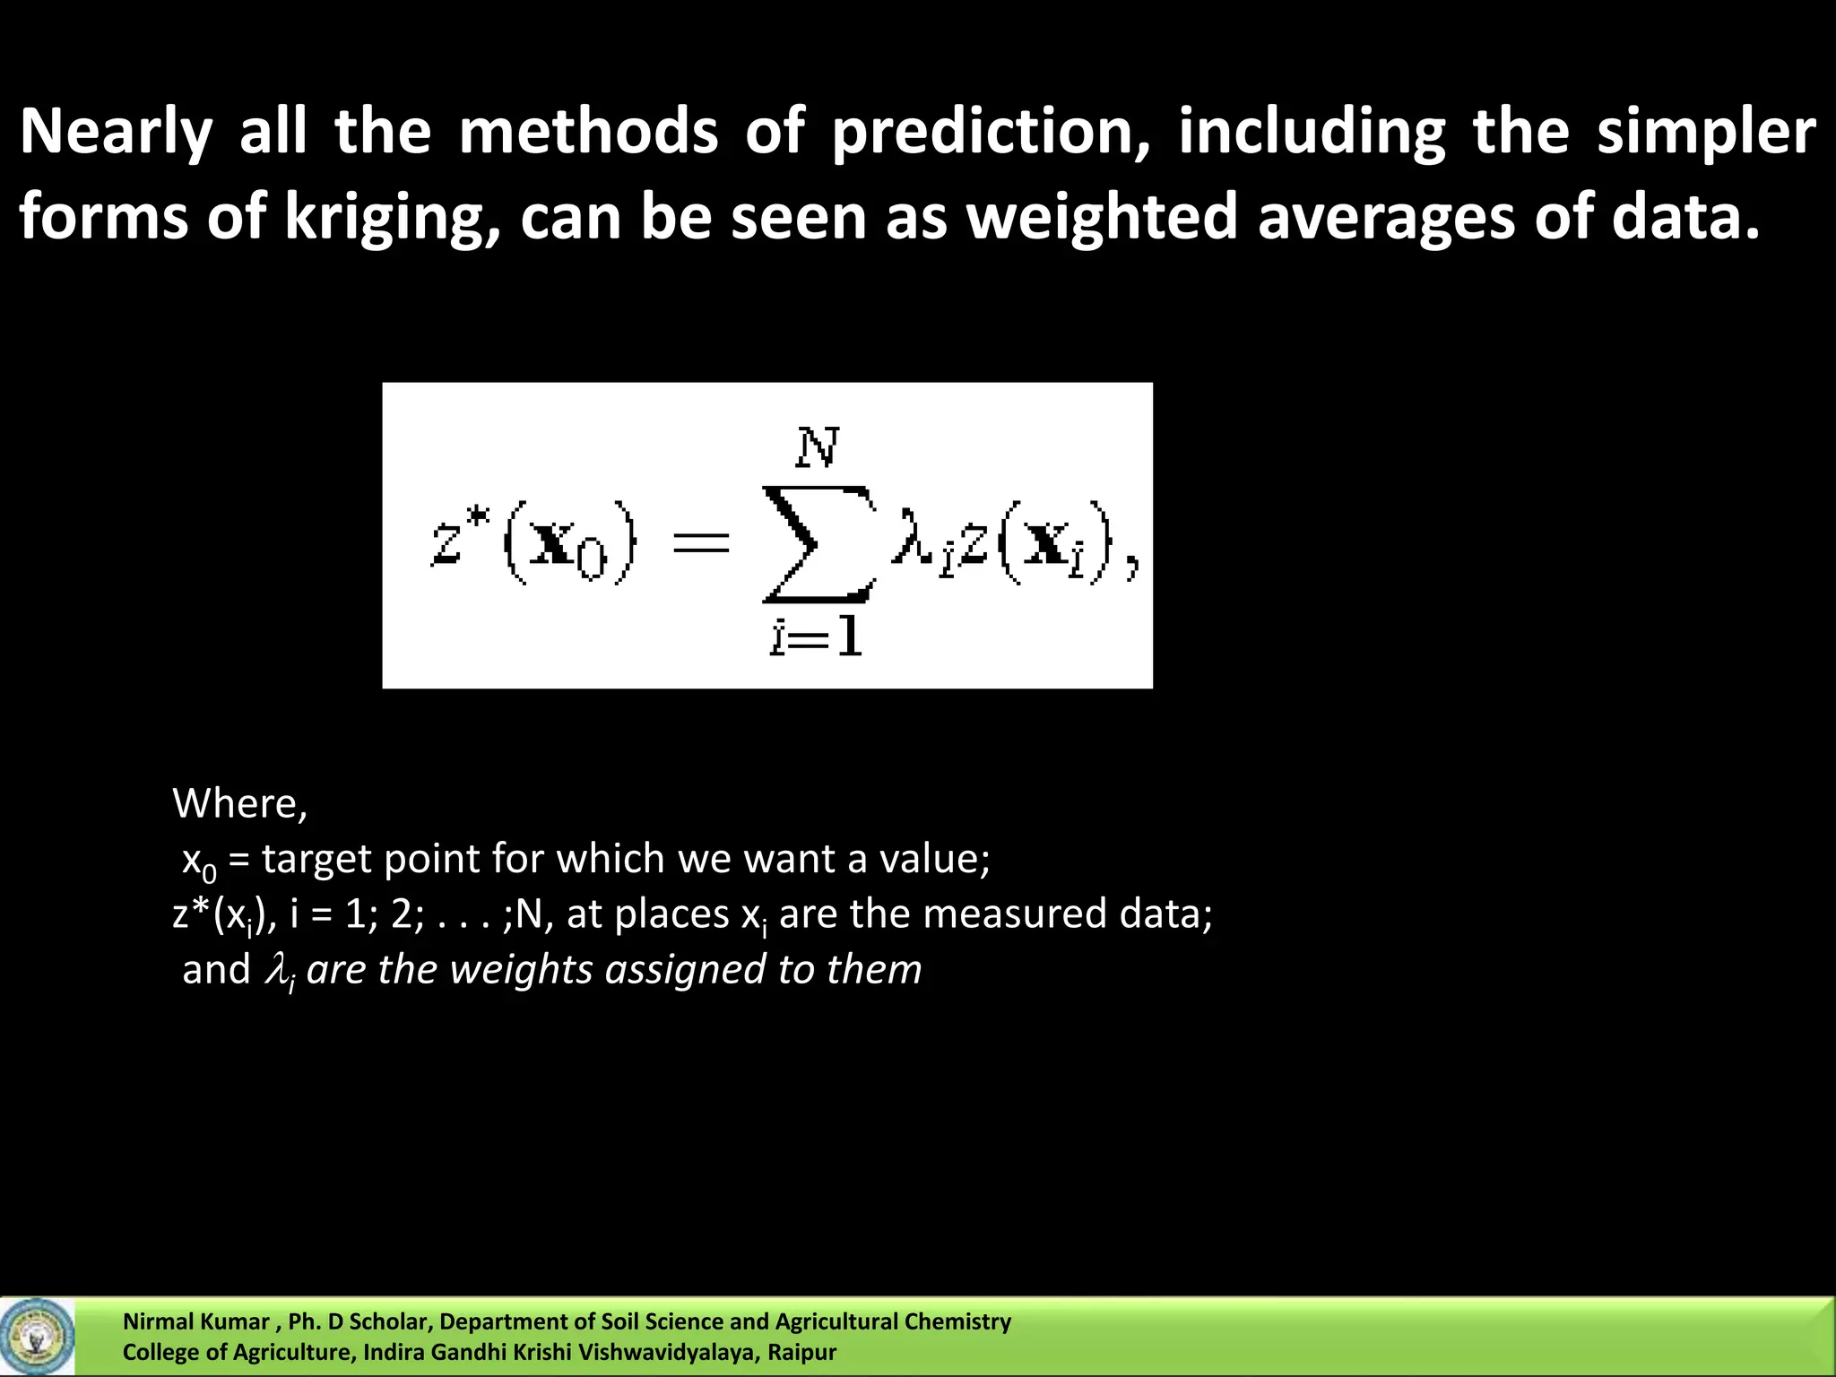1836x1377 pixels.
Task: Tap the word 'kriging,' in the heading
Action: tap(391, 218)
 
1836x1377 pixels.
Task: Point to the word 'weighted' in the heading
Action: tap(1102, 218)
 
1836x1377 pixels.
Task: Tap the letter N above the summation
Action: tap(817, 447)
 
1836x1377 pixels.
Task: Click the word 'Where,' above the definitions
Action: tap(239, 802)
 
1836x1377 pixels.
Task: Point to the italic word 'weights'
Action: tap(520, 970)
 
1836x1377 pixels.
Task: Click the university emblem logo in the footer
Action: tap(37, 1337)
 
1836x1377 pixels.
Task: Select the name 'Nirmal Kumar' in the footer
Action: tap(195, 1321)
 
